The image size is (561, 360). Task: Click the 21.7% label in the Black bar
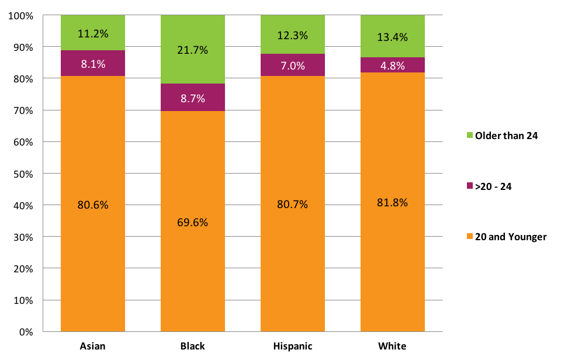click(x=192, y=50)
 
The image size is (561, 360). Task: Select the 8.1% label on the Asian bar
click(x=93, y=64)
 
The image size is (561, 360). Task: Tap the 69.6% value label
click(x=192, y=223)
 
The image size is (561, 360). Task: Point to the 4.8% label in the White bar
click(x=393, y=65)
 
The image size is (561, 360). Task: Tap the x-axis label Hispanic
click(x=293, y=346)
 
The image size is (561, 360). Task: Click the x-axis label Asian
click(x=93, y=346)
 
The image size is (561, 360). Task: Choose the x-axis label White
click(x=393, y=346)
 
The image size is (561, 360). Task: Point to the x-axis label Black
click(x=192, y=346)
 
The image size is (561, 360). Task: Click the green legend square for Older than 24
click(x=470, y=136)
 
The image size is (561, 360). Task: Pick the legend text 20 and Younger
click(x=511, y=237)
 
